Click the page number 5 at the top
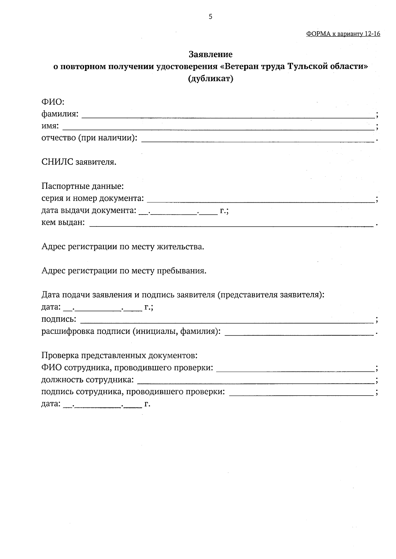211,17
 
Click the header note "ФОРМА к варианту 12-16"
343,34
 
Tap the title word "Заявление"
211,54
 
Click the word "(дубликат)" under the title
211,79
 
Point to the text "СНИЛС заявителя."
79,162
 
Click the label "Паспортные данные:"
82,186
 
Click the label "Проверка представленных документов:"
119,356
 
